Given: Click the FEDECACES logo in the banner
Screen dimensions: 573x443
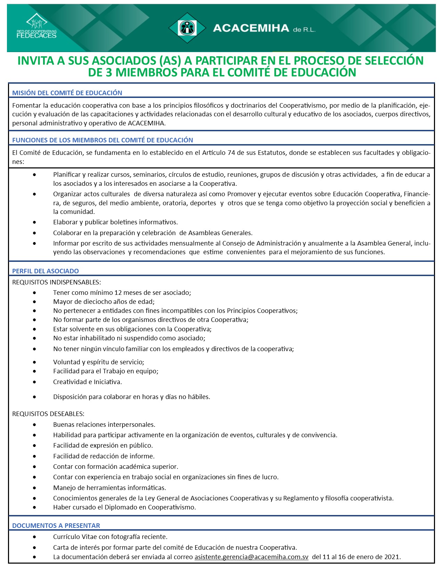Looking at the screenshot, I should pos(36,26).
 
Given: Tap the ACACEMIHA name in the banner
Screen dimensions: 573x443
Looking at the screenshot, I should pos(251,28).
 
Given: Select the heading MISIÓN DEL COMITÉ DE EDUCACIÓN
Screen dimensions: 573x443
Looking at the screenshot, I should pos(67,93).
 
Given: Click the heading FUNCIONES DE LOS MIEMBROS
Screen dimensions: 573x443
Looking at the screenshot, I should pos(102,140).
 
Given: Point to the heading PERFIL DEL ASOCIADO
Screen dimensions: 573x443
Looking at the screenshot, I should pos(46,271).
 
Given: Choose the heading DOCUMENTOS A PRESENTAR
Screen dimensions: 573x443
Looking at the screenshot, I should pos(56,525).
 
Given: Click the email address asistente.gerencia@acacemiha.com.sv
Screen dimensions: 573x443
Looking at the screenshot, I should pos(251,557).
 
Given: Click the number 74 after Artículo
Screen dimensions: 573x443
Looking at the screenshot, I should pos(231,153).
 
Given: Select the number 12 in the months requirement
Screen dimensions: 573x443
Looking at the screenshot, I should pos(118,293).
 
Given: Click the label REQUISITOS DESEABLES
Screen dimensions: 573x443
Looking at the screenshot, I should pos(48,414).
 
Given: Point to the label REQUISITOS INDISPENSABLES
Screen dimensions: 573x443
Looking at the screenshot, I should pos(57,282).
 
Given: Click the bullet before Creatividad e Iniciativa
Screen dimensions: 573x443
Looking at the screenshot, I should pos(34,382).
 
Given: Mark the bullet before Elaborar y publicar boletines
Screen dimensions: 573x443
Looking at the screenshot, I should pos(34,222).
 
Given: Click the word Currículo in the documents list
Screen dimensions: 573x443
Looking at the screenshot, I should pos(66,537).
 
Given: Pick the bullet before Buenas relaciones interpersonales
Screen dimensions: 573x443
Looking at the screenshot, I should pos(34,424).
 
